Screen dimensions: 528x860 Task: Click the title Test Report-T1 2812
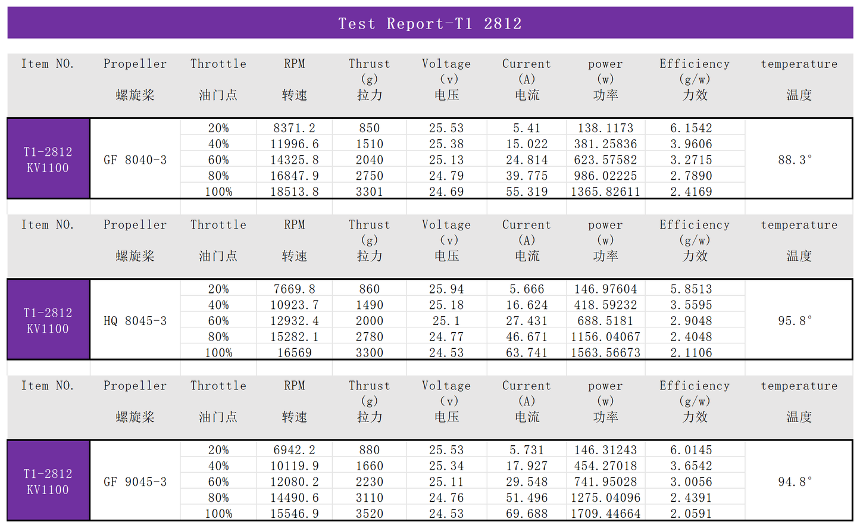pos(430,24)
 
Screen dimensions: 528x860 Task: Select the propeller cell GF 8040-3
pos(135,160)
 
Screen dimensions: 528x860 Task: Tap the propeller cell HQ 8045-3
pos(135,321)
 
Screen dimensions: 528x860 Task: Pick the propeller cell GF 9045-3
pos(135,482)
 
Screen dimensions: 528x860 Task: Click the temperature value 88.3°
pos(795,160)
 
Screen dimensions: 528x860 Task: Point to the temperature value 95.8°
pos(795,321)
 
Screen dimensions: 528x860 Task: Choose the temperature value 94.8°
pos(795,482)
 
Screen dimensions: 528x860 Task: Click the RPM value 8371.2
pos(295,128)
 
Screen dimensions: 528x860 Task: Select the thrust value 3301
pos(370,192)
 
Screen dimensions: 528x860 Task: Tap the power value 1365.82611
pos(605,192)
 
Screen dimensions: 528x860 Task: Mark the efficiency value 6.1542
pos(691,128)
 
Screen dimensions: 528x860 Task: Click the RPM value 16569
pos(295,352)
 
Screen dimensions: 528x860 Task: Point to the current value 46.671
pos(527,337)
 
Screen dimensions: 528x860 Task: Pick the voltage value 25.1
pos(446,321)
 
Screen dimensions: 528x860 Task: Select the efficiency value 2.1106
pos(691,352)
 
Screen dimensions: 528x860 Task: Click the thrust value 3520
pos(370,514)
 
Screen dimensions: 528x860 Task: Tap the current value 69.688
pos(527,514)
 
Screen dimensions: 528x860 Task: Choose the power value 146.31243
pos(605,450)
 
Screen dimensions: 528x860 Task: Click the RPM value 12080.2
pos(295,482)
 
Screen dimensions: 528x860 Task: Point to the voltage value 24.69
pos(446,192)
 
